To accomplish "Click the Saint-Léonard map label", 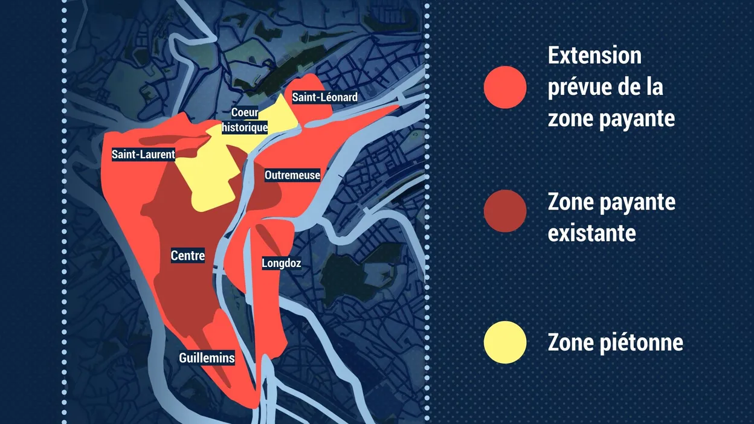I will (324, 97).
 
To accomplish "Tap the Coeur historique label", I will (245, 120).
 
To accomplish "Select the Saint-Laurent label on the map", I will (143, 155).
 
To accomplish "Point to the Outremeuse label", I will (292, 175).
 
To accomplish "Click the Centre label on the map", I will (188, 256).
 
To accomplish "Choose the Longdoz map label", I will (281, 263).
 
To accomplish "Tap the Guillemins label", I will (207, 358).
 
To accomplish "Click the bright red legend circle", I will (505, 87).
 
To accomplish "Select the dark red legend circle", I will (505, 211).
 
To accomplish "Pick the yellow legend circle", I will (505, 342).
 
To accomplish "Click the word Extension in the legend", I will (594, 56).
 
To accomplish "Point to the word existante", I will (591, 233).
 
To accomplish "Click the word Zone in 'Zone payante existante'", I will (571, 202).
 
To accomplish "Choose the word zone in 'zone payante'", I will (570, 119).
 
